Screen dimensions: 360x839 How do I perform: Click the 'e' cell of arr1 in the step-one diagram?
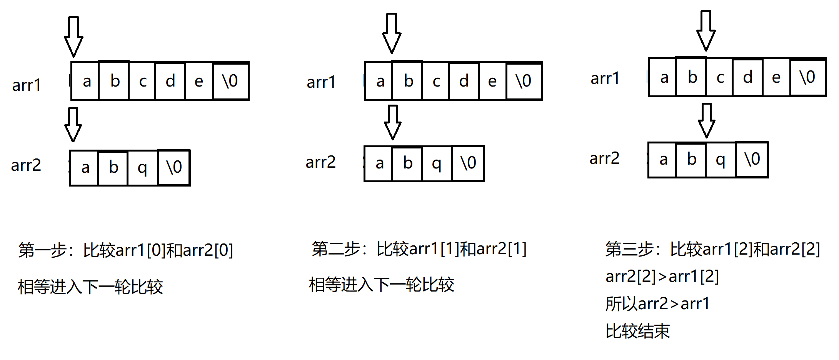tap(198, 81)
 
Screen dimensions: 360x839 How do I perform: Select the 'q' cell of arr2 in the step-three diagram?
tap(721, 160)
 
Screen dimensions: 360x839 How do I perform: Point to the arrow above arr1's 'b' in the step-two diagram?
tap(392, 33)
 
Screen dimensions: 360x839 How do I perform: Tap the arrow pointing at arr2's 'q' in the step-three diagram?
tap(707, 120)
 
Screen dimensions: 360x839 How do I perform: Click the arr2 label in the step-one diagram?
tap(26, 165)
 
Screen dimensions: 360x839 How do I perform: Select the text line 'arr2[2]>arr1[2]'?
tap(662, 277)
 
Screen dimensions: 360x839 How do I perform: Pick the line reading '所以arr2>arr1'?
tap(657, 304)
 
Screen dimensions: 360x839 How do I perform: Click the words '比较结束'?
tap(638, 331)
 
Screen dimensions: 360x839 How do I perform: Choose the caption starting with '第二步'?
tap(419, 249)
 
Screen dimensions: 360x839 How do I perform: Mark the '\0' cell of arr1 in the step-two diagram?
tap(524, 81)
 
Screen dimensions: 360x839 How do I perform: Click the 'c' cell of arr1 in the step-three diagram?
tap(720, 77)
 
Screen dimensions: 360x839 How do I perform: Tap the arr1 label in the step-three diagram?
tap(605, 78)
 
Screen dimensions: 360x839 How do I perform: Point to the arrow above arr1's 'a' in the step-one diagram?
tap(73, 37)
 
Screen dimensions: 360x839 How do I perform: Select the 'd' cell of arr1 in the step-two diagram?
tap(464, 81)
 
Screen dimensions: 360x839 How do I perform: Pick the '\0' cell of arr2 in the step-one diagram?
tap(174, 168)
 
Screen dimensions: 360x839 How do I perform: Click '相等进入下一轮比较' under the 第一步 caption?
tap(90, 287)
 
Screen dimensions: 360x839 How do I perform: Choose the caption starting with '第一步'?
tap(126, 250)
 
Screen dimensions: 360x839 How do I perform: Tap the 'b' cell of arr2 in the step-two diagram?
tap(407, 163)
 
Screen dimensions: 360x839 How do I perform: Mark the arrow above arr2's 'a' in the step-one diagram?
tap(73, 125)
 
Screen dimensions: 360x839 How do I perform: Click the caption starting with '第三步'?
tap(712, 249)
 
